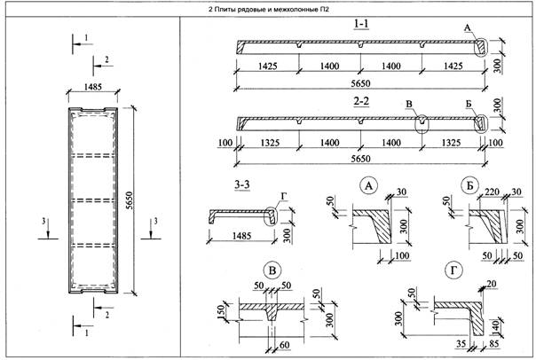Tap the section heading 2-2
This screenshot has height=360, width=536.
coord(360,102)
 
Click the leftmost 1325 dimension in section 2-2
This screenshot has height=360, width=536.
coord(268,141)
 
